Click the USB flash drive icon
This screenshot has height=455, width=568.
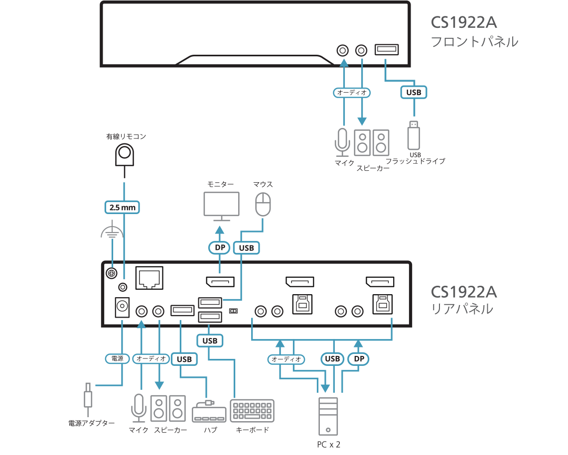coord(414,135)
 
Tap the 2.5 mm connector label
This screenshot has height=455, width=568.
coord(122,207)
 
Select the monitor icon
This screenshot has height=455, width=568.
coord(221,206)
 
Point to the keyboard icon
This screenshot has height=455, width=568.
coord(252,411)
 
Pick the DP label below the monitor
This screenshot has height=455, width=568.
coord(218,247)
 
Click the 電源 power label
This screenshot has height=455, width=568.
coord(117,358)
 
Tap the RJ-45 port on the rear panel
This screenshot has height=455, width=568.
coord(149,278)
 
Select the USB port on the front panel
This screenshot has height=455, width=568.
coord(386,50)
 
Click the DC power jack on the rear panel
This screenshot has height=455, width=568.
coord(122,307)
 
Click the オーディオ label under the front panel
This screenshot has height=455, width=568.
coord(352,93)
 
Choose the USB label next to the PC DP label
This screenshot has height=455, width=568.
coord(332,358)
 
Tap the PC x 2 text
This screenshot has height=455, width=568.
coord(328,444)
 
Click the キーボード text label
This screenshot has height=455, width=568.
coord(252,430)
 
